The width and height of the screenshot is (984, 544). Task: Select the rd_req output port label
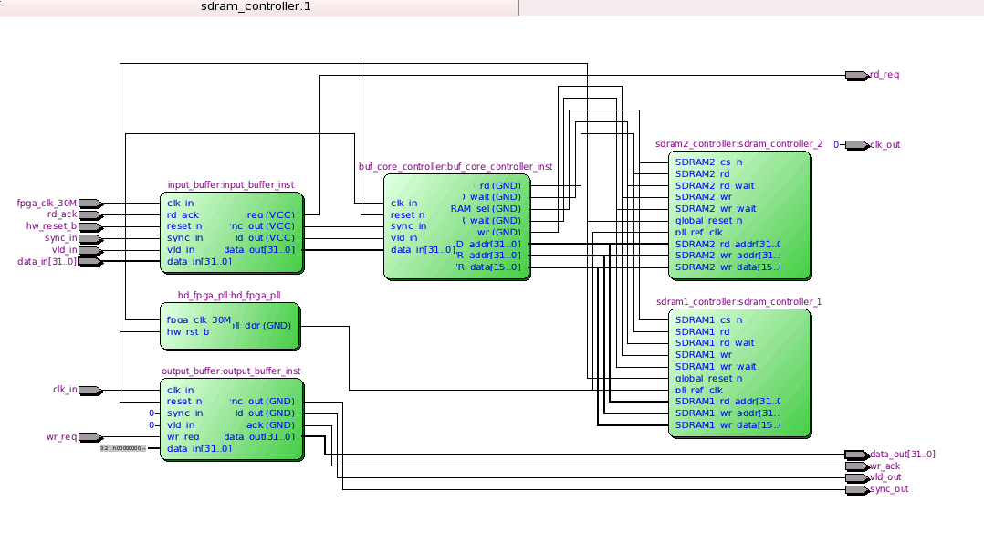(x=885, y=75)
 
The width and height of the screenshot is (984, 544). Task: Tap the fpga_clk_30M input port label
(x=47, y=203)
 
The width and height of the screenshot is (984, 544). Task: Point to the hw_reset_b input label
(x=51, y=226)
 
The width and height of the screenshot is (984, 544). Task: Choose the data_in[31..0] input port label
(x=47, y=261)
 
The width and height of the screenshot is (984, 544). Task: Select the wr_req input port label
(x=61, y=437)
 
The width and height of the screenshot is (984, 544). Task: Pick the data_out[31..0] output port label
(x=902, y=455)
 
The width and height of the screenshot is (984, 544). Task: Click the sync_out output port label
(x=889, y=489)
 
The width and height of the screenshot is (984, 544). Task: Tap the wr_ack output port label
(x=885, y=466)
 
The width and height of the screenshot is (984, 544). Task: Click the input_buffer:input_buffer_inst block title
(x=231, y=185)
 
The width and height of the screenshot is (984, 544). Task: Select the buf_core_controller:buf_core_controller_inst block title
(x=455, y=167)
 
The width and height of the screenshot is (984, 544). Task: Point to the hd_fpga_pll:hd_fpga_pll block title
(x=230, y=296)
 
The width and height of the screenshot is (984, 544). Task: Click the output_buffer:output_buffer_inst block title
(x=231, y=371)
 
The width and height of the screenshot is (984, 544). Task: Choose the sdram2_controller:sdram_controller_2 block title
(x=738, y=144)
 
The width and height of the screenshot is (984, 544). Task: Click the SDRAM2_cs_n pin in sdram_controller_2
(x=708, y=162)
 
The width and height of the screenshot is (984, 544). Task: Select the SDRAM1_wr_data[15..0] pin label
(x=728, y=425)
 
